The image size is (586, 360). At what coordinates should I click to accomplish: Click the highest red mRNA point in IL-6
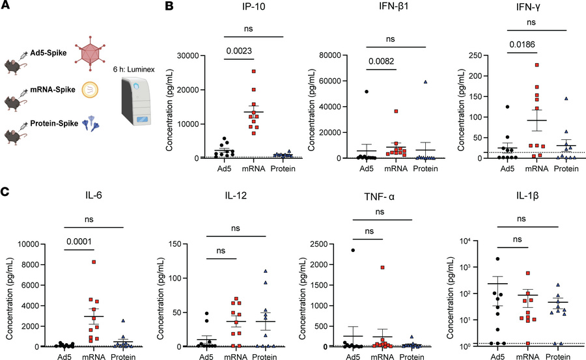[x=94, y=262]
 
